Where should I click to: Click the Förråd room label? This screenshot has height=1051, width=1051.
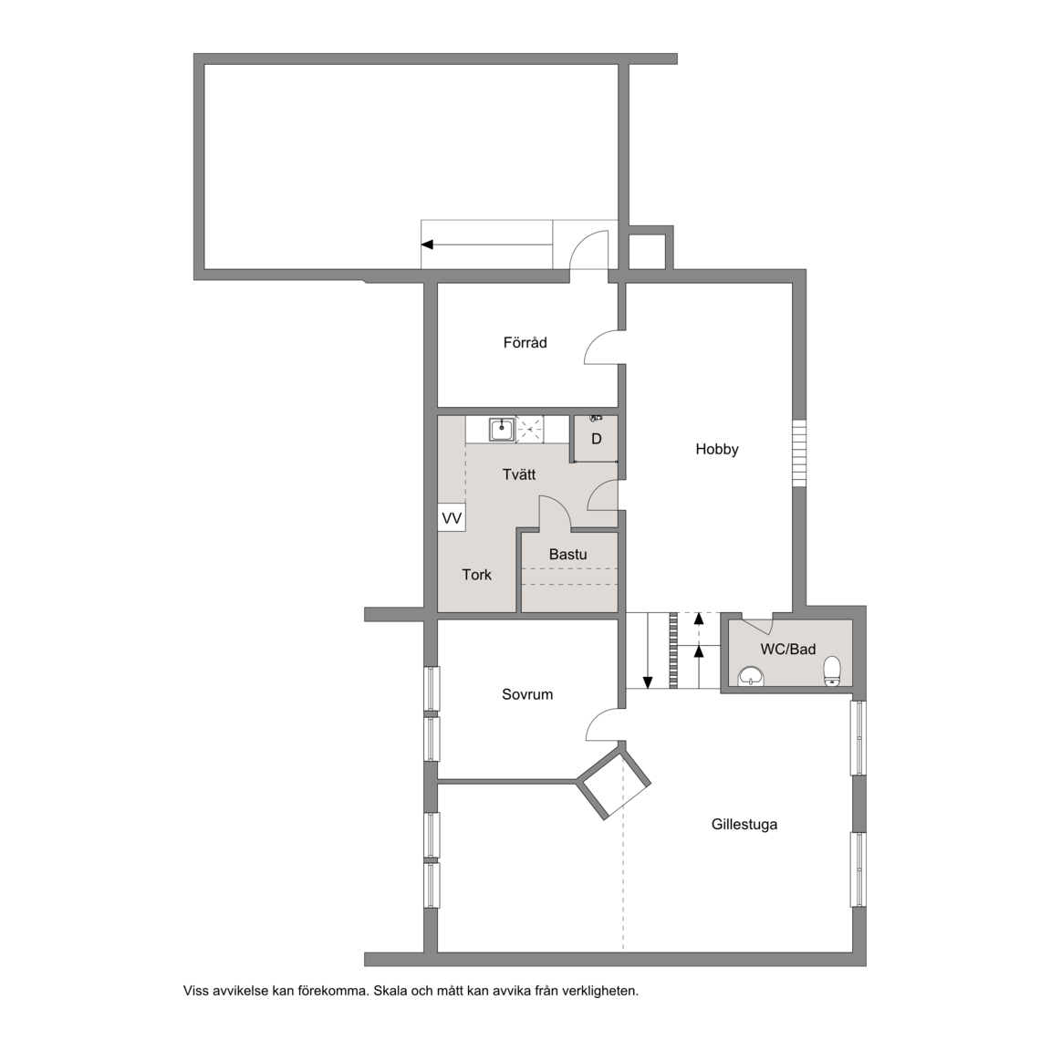(525, 342)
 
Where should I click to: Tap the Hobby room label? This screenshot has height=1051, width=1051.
(716, 449)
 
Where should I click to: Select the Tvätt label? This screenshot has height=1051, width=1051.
(519, 474)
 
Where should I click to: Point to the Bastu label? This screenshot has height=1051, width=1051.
(567, 555)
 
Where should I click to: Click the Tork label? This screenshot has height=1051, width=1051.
(476, 575)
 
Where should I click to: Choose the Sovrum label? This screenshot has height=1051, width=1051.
(527, 694)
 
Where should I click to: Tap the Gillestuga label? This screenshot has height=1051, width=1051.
(744, 825)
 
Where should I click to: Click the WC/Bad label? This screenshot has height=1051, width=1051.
(787, 649)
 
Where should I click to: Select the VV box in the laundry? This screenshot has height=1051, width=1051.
(452, 518)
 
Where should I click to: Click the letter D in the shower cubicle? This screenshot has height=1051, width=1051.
(596, 439)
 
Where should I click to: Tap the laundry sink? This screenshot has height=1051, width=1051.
(502, 429)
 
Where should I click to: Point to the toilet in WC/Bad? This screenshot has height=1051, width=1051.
(832, 671)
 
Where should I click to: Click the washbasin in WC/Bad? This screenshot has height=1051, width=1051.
(752, 677)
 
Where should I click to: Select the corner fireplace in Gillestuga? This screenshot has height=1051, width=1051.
(613, 783)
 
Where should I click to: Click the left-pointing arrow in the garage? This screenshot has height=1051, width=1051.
(486, 245)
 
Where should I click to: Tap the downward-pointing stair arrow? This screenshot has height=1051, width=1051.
(648, 650)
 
